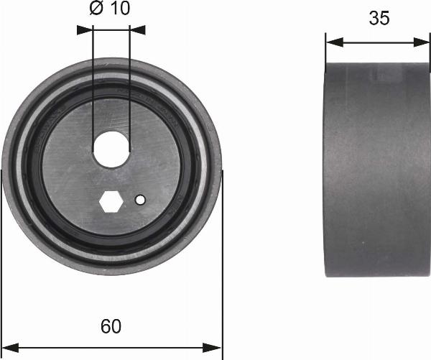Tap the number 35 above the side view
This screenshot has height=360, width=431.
[x=379, y=19]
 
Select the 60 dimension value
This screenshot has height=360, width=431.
[x=110, y=327]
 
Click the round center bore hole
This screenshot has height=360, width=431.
[x=111, y=148]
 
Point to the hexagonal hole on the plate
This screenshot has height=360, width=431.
[x=110, y=202]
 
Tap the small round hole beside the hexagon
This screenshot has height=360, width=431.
[x=141, y=200]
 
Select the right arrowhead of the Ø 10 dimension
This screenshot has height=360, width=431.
[x=138, y=30]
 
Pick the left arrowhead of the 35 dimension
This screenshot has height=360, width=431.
[x=333, y=42]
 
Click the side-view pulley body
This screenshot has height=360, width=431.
[x=378, y=169]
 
